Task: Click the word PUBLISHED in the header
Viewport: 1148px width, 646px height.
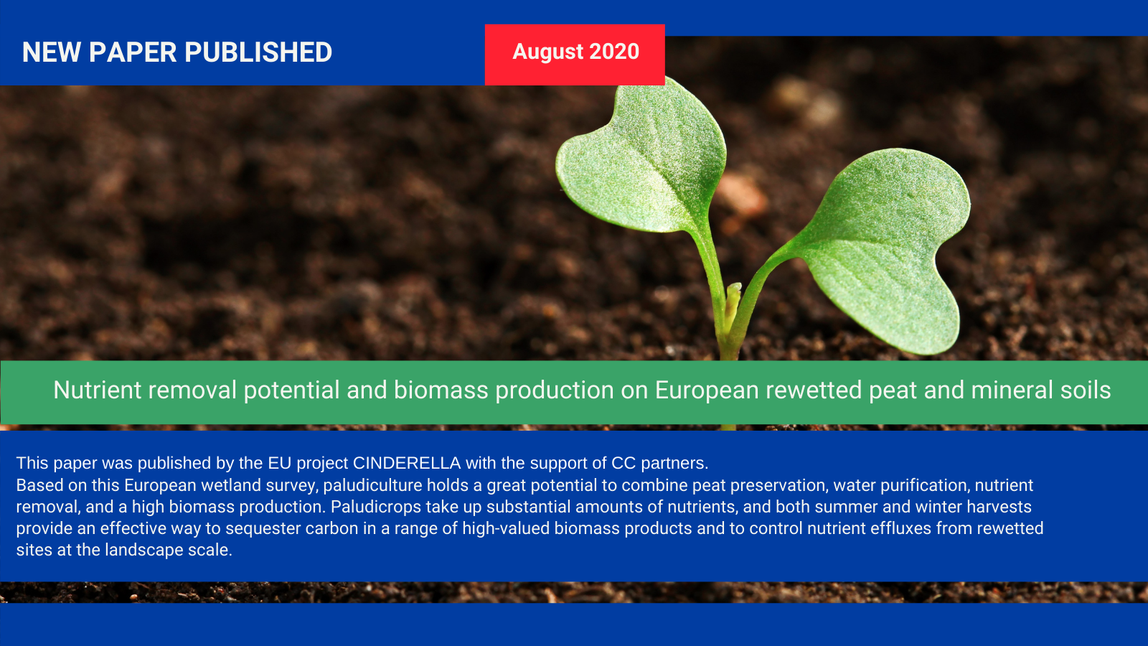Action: click(x=258, y=52)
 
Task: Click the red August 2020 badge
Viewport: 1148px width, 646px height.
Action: click(x=575, y=55)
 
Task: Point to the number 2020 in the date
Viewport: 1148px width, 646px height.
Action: click(x=614, y=51)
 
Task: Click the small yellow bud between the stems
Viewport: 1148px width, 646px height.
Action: click(x=732, y=302)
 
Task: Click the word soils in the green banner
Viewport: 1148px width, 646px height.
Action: click(x=1086, y=390)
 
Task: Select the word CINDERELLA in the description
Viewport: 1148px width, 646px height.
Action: click(x=407, y=463)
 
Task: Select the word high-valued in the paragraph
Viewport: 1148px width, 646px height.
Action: click(x=506, y=528)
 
